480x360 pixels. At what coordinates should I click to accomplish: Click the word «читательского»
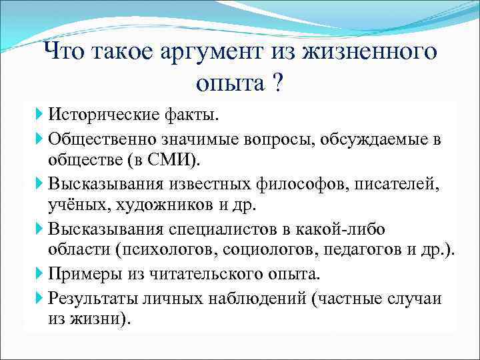[x=213, y=274]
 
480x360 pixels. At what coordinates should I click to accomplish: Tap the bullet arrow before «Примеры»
[x=41, y=274]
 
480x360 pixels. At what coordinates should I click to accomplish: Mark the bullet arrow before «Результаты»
[x=41, y=297]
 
